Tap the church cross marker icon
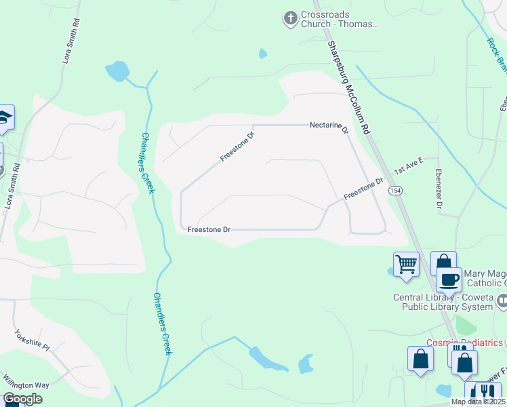click(291, 18)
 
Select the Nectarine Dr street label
click(329, 126)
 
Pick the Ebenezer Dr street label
click(440, 188)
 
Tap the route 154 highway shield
click(395, 192)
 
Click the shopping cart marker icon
click(406, 263)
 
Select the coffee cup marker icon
click(449, 278)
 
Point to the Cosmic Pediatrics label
click(464, 343)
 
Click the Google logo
click(22, 399)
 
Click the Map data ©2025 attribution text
click(478, 402)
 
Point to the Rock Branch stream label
click(496, 54)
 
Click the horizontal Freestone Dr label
click(209, 230)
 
